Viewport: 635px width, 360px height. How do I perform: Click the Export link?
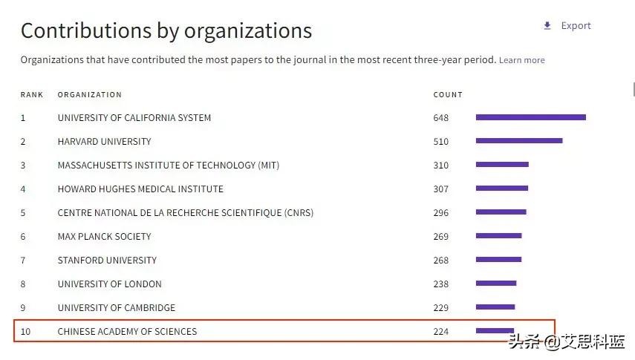tap(576, 26)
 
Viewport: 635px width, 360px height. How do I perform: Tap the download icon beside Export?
tap(547, 26)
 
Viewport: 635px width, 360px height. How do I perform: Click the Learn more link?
tap(521, 60)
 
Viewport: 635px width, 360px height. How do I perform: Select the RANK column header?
tap(32, 95)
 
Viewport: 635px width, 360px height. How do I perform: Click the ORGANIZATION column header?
tap(89, 95)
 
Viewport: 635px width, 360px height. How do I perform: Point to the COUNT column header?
tap(448, 95)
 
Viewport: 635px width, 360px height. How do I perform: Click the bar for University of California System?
tap(530, 117)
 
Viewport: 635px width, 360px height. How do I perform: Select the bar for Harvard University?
tap(518, 141)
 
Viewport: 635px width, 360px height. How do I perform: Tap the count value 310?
tap(441, 165)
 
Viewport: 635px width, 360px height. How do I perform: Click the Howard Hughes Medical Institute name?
tap(140, 189)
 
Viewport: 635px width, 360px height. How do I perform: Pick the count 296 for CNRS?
tap(441, 213)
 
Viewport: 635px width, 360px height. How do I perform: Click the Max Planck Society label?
tap(104, 237)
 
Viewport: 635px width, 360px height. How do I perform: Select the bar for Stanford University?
tap(498, 260)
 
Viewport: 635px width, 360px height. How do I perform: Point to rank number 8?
tap(23, 284)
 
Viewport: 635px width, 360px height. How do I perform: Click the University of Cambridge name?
tap(117, 308)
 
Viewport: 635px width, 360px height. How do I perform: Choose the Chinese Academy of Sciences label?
tap(127, 332)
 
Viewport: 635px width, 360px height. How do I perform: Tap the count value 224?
tap(441, 332)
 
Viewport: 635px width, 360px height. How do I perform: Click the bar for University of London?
tap(495, 284)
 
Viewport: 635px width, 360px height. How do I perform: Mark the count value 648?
tap(441, 118)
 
